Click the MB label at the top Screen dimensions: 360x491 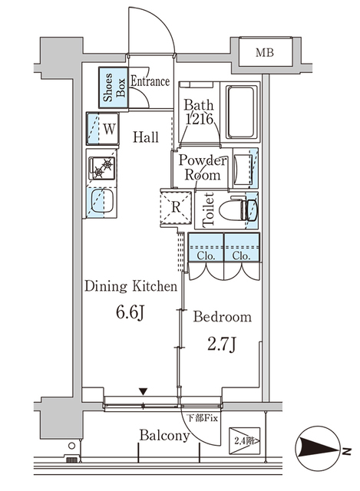tap(265, 53)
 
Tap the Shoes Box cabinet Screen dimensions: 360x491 tap(114, 87)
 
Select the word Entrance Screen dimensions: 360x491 tap(150, 81)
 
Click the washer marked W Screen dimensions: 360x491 tap(103, 129)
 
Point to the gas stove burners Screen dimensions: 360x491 tap(102, 168)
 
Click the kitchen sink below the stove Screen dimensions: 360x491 tap(102, 202)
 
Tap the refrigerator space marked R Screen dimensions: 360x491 tap(176, 207)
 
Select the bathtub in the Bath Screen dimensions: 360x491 tap(240, 112)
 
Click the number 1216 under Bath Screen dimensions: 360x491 tap(200, 119)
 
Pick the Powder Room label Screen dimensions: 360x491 tap(202, 167)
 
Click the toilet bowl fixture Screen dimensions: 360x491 tap(238, 209)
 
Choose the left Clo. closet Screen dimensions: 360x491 tap(206, 247)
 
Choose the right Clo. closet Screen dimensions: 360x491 tap(242, 247)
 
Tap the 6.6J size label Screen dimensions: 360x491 tap(130, 312)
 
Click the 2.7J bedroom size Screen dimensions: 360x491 tap(221, 344)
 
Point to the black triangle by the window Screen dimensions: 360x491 tap(144, 391)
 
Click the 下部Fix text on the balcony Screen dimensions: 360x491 tap(202, 417)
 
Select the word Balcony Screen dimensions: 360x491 tap(164, 436)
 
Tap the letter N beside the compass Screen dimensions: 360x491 tap(346, 451)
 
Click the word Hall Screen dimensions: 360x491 tap(146, 137)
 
